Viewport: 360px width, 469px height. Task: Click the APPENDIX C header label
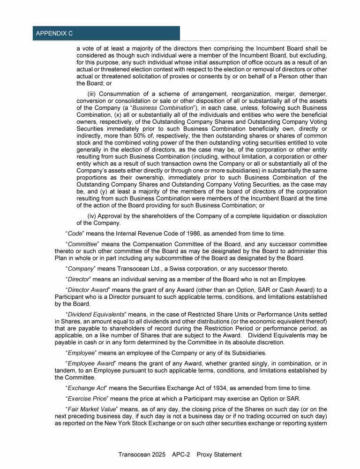click(54, 33)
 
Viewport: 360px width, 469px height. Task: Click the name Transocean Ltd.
click(134, 268)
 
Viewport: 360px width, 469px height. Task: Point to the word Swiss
click(173, 268)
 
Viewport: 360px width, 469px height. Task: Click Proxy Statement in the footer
click(219, 454)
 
